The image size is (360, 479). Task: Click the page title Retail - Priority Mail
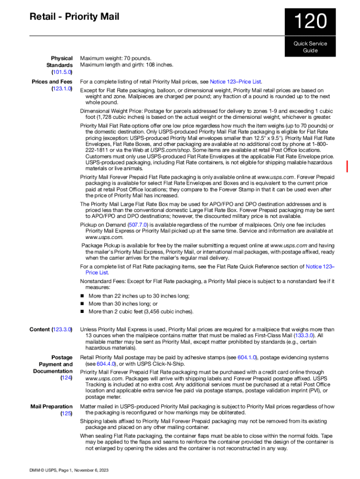tap(74, 17)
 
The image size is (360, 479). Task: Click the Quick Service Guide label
tap(310, 47)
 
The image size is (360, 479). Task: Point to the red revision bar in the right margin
tap(347, 166)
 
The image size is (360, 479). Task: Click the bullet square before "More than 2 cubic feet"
tap(82, 312)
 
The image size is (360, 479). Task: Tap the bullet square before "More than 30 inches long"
tap(82, 304)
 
